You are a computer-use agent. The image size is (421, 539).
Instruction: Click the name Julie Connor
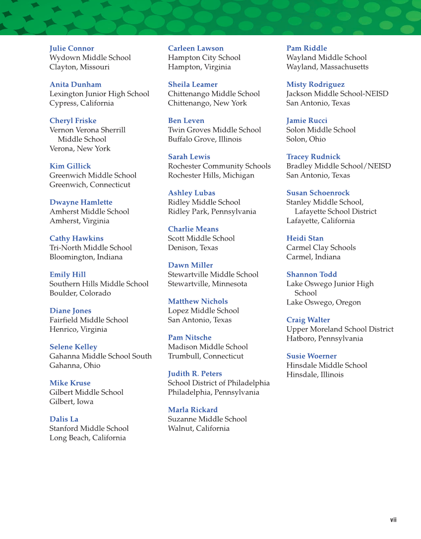click(x=71, y=49)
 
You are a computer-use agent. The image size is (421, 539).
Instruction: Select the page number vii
click(x=393, y=520)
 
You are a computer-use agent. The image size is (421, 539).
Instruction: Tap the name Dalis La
click(x=63, y=419)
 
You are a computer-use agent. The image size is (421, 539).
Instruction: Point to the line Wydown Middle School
click(x=90, y=58)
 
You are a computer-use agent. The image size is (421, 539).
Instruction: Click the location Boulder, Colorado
click(x=80, y=294)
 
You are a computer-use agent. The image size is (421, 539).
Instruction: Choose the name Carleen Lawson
click(x=195, y=49)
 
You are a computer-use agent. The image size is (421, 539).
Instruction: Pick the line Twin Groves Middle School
click(x=214, y=130)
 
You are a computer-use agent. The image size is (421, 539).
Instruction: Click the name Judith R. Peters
click(x=194, y=374)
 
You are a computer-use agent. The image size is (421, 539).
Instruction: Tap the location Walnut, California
click(x=198, y=428)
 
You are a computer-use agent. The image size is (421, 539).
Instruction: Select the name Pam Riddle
click(x=306, y=49)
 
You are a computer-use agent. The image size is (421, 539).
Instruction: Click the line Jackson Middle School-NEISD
click(x=337, y=94)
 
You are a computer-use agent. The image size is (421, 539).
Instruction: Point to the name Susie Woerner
click(x=311, y=357)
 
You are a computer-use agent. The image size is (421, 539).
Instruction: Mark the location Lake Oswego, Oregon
click(x=323, y=302)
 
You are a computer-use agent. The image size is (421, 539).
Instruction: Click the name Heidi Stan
click(x=304, y=239)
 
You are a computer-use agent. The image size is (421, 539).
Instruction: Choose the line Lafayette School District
click(x=335, y=212)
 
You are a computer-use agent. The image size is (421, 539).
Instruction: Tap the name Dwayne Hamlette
click(x=81, y=202)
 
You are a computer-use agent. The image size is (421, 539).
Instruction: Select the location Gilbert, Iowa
click(x=71, y=402)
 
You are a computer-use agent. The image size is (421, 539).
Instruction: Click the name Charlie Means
click(x=193, y=229)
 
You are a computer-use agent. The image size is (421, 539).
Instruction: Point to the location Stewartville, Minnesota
click(x=207, y=284)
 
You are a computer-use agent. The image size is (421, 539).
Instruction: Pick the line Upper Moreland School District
click(x=340, y=330)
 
